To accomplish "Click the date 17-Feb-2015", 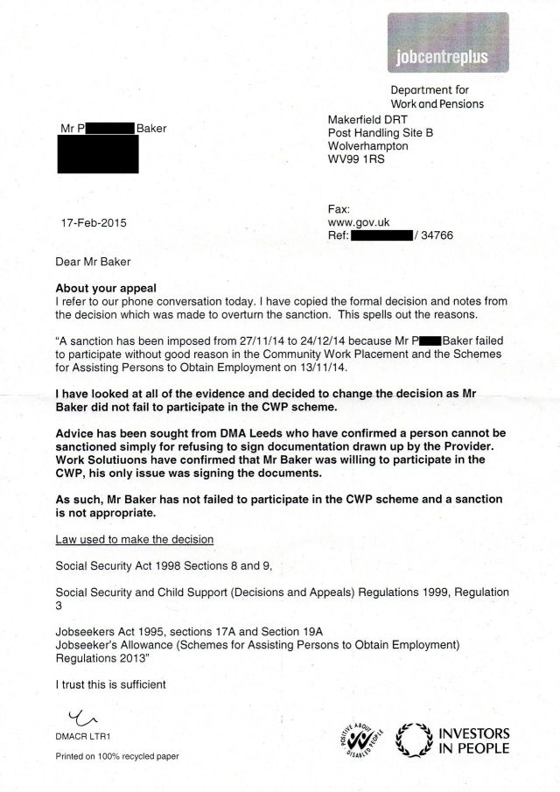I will (91, 222).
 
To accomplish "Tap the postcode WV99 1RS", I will (357, 160).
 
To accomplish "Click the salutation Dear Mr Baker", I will (94, 261).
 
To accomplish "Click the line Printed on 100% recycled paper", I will (117, 756).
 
